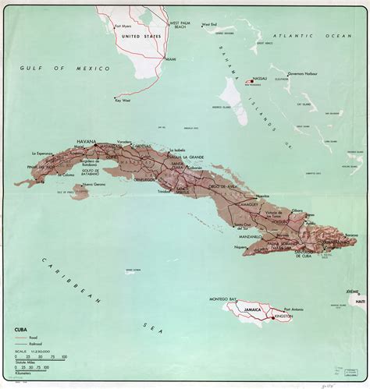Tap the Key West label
click(123, 100)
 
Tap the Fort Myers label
click(125, 24)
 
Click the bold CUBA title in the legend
click(23, 330)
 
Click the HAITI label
click(359, 302)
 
